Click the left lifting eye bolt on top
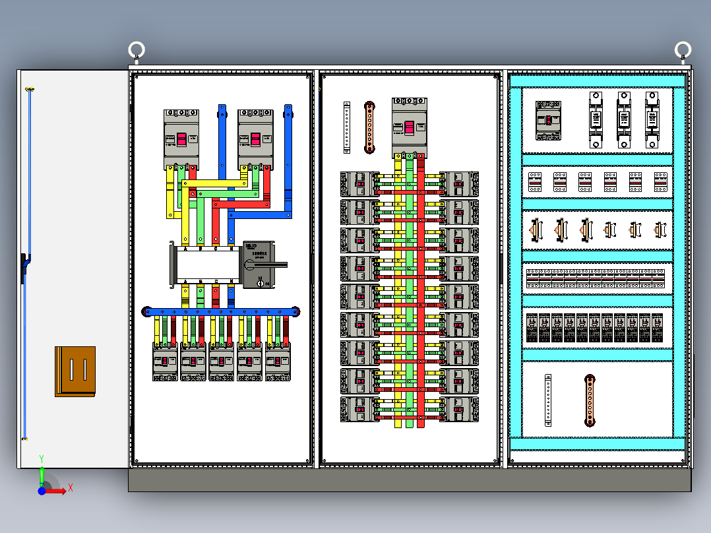[x=137, y=50]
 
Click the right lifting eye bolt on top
[x=683, y=49]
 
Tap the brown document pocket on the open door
[x=75, y=371]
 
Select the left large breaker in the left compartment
[x=181, y=139]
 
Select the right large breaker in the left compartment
[x=255, y=139]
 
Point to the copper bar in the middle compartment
[x=370, y=127]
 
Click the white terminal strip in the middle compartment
[x=346, y=127]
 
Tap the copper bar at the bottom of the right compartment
[x=589, y=400]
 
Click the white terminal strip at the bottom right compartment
[x=548, y=400]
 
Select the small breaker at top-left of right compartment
[x=548, y=120]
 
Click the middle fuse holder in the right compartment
[x=623, y=119]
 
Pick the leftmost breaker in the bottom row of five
[x=165, y=363]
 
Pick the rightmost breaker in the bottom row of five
[x=278, y=363]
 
